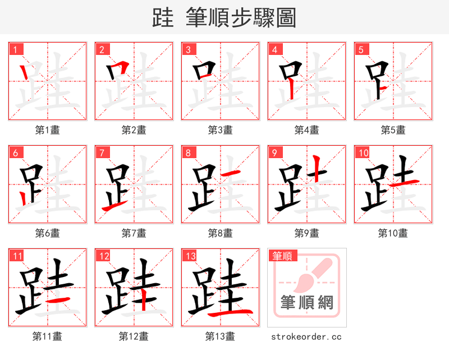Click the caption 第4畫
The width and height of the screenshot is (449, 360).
click(x=306, y=130)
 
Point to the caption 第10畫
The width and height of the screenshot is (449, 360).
click(x=393, y=233)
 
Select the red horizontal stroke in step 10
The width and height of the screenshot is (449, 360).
click(x=399, y=183)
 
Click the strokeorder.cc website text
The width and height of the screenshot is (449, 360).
click(x=306, y=336)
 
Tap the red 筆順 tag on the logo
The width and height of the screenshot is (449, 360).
click(x=282, y=256)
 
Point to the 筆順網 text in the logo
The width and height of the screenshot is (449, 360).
click(x=307, y=302)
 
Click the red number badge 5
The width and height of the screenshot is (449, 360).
click(x=362, y=49)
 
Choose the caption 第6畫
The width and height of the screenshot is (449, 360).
click(x=47, y=233)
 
